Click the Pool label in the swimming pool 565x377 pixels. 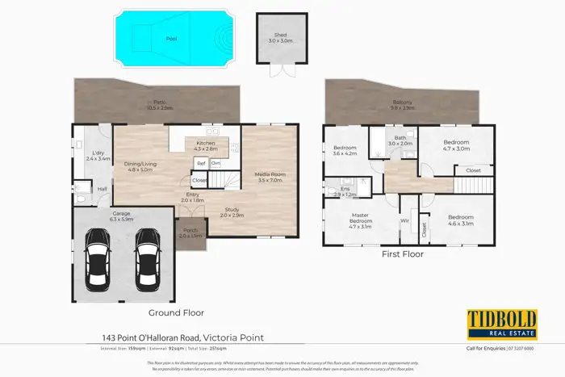pyautogui.click(x=172, y=38)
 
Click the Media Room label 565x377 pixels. pyautogui.click(x=270, y=177)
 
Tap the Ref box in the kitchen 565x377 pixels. pyautogui.click(x=201, y=163)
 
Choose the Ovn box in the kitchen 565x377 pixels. pyautogui.click(x=216, y=163)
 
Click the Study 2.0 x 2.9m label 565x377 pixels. pyautogui.click(x=233, y=212)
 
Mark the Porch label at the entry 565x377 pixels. pyautogui.click(x=194, y=233)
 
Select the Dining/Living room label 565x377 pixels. pyautogui.click(x=141, y=167)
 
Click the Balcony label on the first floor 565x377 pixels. pyautogui.click(x=403, y=105)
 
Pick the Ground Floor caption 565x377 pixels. pyautogui.click(x=176, y=312)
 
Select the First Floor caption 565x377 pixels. pyautogui.click(x=401, y=253)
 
